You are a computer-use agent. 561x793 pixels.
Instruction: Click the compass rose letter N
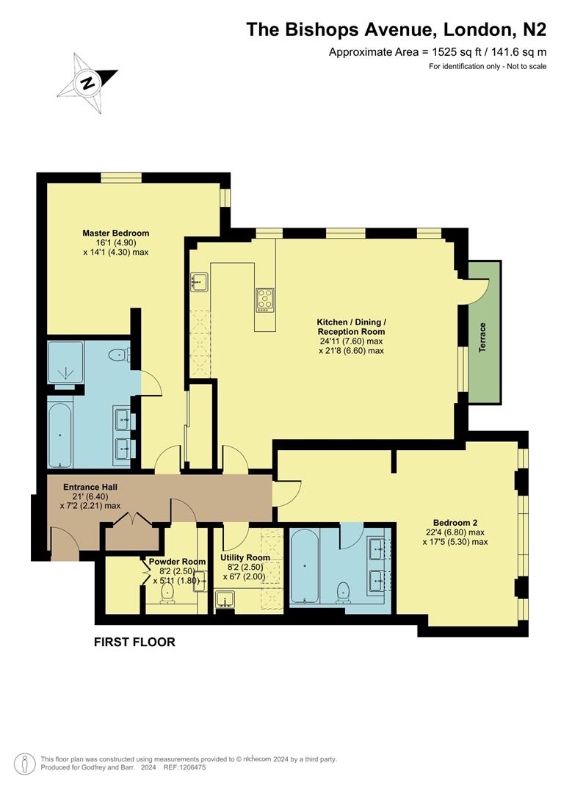(x=88, y=82)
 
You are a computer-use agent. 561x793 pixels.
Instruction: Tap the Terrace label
(x=482, y=337)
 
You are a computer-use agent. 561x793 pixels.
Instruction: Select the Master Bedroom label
(x=116, y=233)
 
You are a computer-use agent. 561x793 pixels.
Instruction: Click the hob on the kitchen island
(x=265, y=299)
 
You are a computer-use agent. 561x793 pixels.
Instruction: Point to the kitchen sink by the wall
(x=199, y=281)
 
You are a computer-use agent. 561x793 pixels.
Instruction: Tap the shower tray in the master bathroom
(x=65, y=363)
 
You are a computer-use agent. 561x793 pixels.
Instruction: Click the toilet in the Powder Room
(x=167, y=594)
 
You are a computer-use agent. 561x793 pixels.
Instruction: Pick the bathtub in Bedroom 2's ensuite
(x=305, y=566)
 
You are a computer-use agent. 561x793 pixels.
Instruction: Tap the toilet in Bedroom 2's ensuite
(x=344, y=592)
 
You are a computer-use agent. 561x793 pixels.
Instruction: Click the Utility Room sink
(x=225, y=600)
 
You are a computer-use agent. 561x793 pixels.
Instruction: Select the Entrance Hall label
(x=90, y=487)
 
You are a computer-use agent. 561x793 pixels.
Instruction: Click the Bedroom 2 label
(x=455, y=523)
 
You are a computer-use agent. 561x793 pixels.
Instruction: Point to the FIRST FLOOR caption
(x=134, y=642)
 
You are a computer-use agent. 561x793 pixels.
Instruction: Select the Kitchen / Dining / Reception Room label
(x=352, y=327)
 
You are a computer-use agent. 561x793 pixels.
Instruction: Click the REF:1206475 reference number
(x=184, y=767)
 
